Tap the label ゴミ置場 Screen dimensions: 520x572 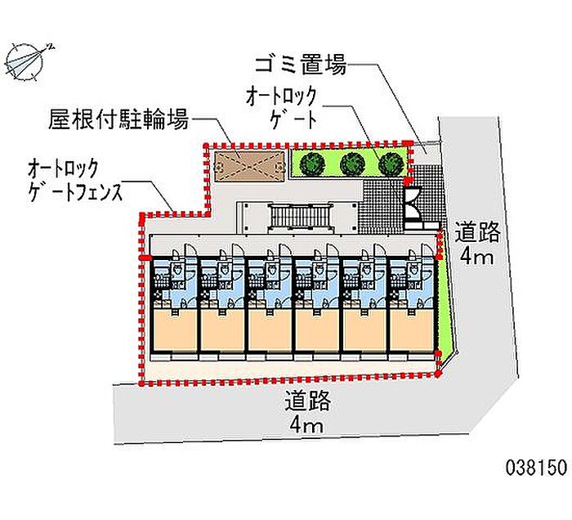point(301,65)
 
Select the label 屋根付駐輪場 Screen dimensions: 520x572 point(118,121)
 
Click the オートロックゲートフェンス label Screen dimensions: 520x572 point(74,182)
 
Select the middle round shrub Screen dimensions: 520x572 point(351,163)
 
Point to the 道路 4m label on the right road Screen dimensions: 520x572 point(477,245)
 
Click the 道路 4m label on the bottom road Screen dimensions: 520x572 point(307,413)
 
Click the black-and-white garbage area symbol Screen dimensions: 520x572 point(412,204)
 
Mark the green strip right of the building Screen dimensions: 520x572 point(445,303)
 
